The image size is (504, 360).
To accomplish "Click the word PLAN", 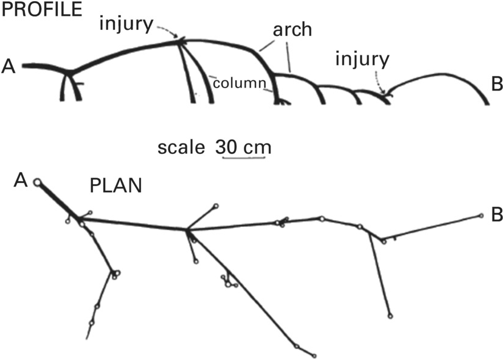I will pyautogui.click(x=116, y=185).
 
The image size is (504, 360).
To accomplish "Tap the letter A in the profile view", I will pyautogui.click(x=9, y=65).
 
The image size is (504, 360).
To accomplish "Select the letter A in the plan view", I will pyautogui.click(x=22, y=180).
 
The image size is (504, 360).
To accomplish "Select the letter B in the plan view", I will pyautogui.click(x=495, y=215).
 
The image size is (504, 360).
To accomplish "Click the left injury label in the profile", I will pyautogui.click(x=128, y=24).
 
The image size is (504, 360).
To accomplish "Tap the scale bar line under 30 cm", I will pyautogui.click(x=244, y=159).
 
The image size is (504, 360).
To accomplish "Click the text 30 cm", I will pyautogui.click(x=243, y=148).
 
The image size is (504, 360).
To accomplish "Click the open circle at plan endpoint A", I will pyautogui.click(x=38, y=181).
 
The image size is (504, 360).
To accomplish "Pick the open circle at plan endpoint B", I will pyautogui.click(x=481, y=215).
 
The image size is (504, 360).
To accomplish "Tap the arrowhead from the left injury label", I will pyautogui.click(x=179, y=40).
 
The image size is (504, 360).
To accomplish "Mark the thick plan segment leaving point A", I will pyautogui.click(x=58, y=199).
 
